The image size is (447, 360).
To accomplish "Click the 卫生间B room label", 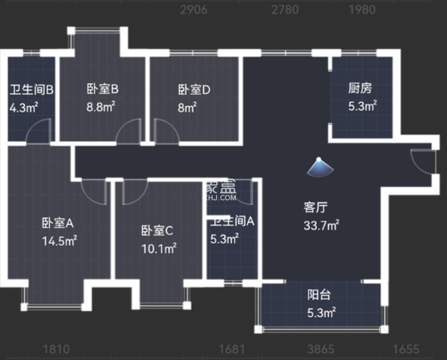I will coord(32,90).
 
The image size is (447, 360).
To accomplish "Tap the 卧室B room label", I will coord(103,89).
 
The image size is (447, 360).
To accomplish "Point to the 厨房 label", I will coord(360,89).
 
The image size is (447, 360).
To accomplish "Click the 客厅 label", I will coord(316,207).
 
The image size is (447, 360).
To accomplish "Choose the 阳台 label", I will coord(319,295).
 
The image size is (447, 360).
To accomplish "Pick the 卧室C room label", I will coord(157,231).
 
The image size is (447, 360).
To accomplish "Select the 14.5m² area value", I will coord(60,240).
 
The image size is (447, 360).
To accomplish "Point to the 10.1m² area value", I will coord(159,249).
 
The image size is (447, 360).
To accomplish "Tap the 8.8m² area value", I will coord(101,107).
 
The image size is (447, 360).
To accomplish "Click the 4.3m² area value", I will coord(24,108).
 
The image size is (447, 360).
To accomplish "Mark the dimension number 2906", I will coord(193,10).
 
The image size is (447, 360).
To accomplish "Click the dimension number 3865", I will coord(321,350).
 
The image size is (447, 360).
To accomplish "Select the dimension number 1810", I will coord(56,350).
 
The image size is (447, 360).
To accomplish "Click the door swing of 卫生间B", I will coord(39,131).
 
